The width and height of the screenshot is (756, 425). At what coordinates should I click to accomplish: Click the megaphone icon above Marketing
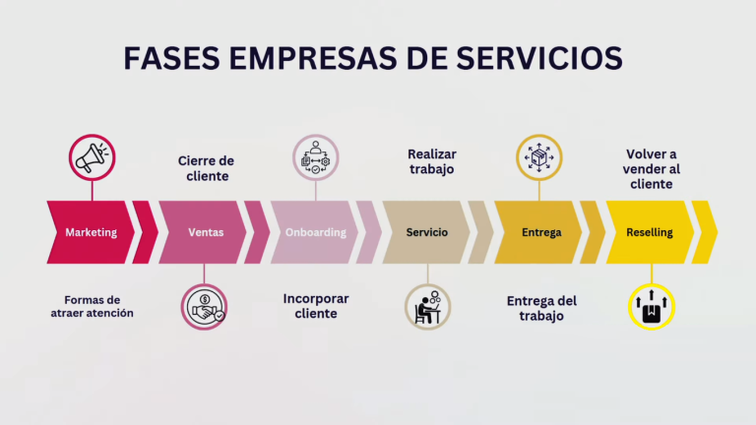tap(93, 157)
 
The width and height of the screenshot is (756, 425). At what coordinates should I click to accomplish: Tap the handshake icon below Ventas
tap(204, 307)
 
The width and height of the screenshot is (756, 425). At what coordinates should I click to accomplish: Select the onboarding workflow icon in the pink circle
tap(316, 157)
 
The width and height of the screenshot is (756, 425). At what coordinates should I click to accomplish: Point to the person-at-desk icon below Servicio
tap(427, 307)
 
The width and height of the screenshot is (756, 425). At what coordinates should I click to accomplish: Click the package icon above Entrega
tap(539, 157)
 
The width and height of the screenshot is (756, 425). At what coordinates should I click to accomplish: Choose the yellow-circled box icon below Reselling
tap(652, 307)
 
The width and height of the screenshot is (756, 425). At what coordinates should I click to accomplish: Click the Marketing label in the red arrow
tap(92, 232)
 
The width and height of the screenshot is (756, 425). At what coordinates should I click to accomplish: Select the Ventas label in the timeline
tap(206, 232)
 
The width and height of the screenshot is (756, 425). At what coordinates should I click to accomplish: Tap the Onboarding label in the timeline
tap(316, 232)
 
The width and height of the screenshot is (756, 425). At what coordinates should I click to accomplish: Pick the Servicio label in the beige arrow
tap(426, 232)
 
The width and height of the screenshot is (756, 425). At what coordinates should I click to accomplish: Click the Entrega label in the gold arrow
tap(541, 232)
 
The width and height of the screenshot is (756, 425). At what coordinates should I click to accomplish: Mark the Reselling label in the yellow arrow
tap(650, 232)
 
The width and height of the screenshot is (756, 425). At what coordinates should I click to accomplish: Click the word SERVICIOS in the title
tap(539, 58)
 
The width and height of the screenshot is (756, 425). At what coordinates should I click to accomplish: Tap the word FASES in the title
tap(171, 58)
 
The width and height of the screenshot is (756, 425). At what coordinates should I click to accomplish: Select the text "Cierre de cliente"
tap(207, 168)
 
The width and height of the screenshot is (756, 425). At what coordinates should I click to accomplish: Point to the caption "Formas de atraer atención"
tap(93, 307)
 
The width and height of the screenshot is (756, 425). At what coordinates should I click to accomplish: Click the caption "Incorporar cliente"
tap(316, 306)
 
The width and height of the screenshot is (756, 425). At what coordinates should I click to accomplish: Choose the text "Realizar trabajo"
tap(432, 161)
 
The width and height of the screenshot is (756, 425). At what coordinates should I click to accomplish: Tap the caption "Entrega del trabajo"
tap(541, 308)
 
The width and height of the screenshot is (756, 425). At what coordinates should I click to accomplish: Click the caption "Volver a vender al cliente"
tap(652, 169)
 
